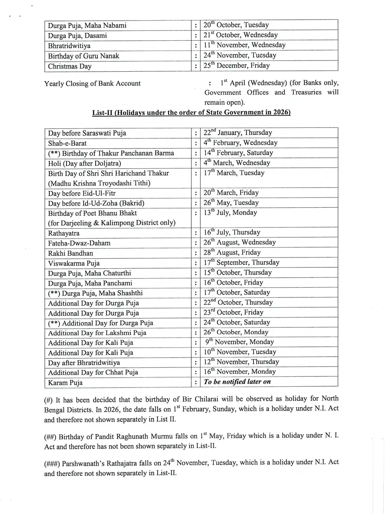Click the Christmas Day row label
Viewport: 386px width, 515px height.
point(69,66)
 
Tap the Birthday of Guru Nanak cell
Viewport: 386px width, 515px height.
point(84,56)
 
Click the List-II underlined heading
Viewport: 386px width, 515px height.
point(191,113)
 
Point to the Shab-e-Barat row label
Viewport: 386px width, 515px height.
point(67,143)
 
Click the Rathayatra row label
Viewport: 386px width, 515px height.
point(64,233)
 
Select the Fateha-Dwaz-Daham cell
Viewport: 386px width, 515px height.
point(79,243)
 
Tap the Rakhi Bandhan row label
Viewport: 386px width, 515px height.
point(70,253)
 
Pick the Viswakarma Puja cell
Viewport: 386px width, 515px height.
point(74,263)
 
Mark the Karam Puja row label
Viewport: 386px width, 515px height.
point(65,382)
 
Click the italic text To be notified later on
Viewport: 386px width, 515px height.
point(237,382)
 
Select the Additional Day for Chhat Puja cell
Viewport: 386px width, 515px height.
point(93,372)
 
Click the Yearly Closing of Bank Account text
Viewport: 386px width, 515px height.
point(92,84)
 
